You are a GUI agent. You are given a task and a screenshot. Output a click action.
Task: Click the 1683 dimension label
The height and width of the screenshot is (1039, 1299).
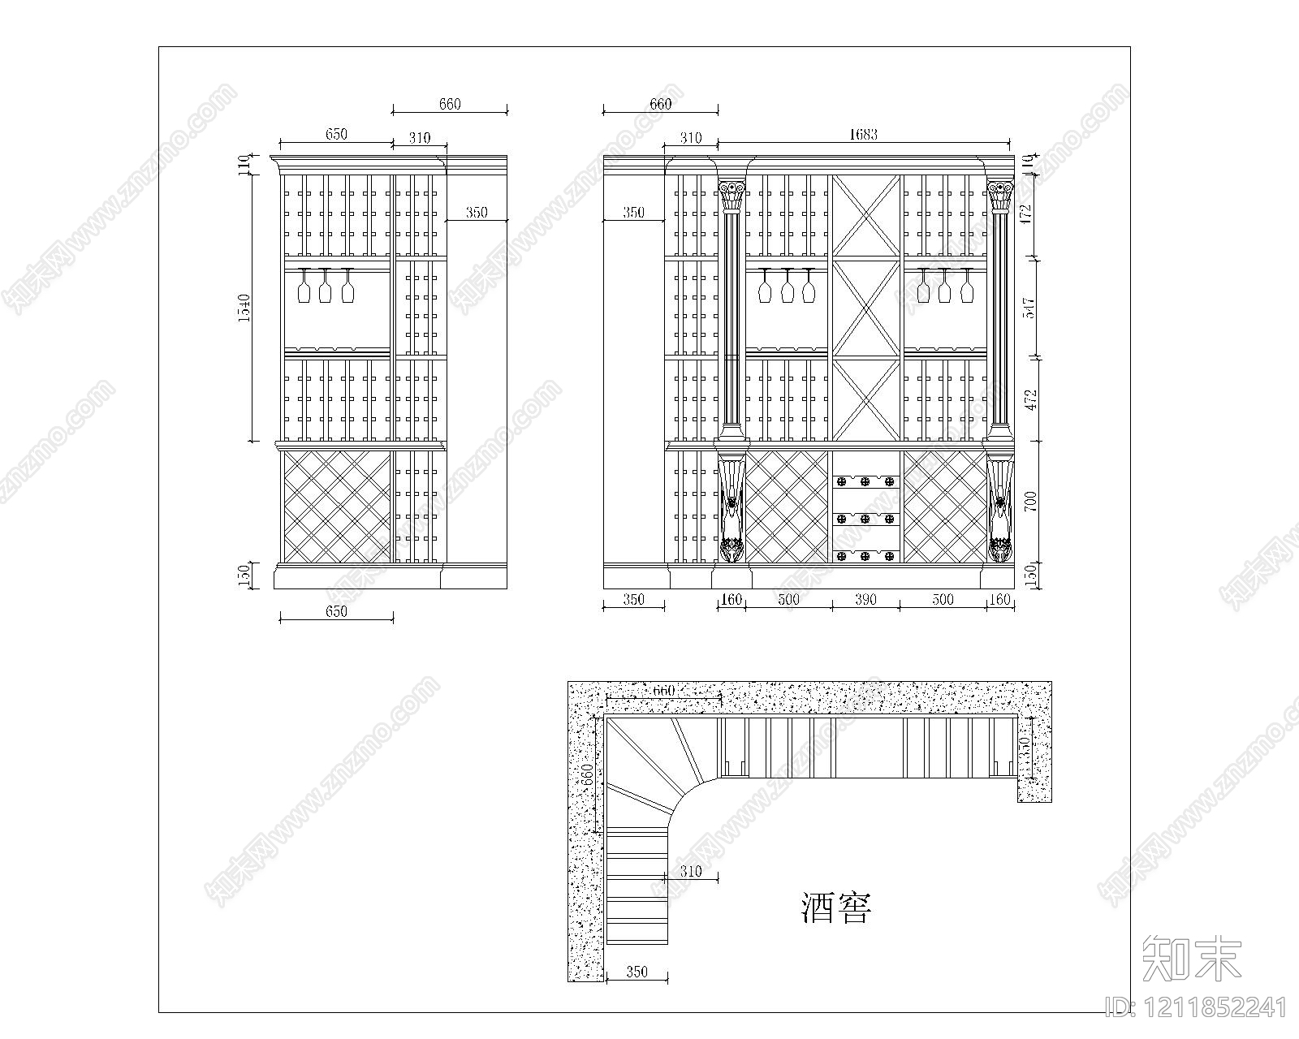coord(865,134)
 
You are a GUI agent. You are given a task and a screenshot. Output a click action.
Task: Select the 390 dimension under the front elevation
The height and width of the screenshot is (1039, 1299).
coord(865,600)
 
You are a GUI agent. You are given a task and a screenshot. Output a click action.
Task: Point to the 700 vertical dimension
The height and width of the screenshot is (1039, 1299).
coord(1031,502)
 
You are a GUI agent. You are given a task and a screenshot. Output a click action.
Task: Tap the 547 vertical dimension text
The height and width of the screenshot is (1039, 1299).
coord(1030,308)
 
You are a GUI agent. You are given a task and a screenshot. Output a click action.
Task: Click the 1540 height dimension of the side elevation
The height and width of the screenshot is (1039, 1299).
coord(245,308)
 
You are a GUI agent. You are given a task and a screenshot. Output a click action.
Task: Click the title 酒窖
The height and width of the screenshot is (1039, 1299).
coord(836,908)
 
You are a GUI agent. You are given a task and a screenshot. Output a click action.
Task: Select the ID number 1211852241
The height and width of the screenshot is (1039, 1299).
coord(1197,1009)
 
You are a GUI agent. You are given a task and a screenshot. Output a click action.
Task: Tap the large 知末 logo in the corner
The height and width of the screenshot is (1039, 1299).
coord(1191,958)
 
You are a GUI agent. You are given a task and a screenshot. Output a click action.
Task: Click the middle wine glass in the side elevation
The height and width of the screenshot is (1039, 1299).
coord(326,286)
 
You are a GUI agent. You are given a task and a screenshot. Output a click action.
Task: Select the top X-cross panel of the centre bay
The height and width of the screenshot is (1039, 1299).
coord(866,216)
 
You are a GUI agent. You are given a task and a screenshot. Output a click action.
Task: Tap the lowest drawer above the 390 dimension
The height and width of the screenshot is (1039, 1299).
coord(865,556)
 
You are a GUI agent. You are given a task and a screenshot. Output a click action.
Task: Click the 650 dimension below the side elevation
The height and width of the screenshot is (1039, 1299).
coord(336,611)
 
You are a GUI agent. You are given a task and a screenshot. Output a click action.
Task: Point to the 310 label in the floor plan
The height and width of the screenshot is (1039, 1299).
coord(690,872)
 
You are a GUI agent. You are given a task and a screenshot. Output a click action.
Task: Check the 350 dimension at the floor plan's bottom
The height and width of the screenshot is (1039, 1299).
coord(637,971)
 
